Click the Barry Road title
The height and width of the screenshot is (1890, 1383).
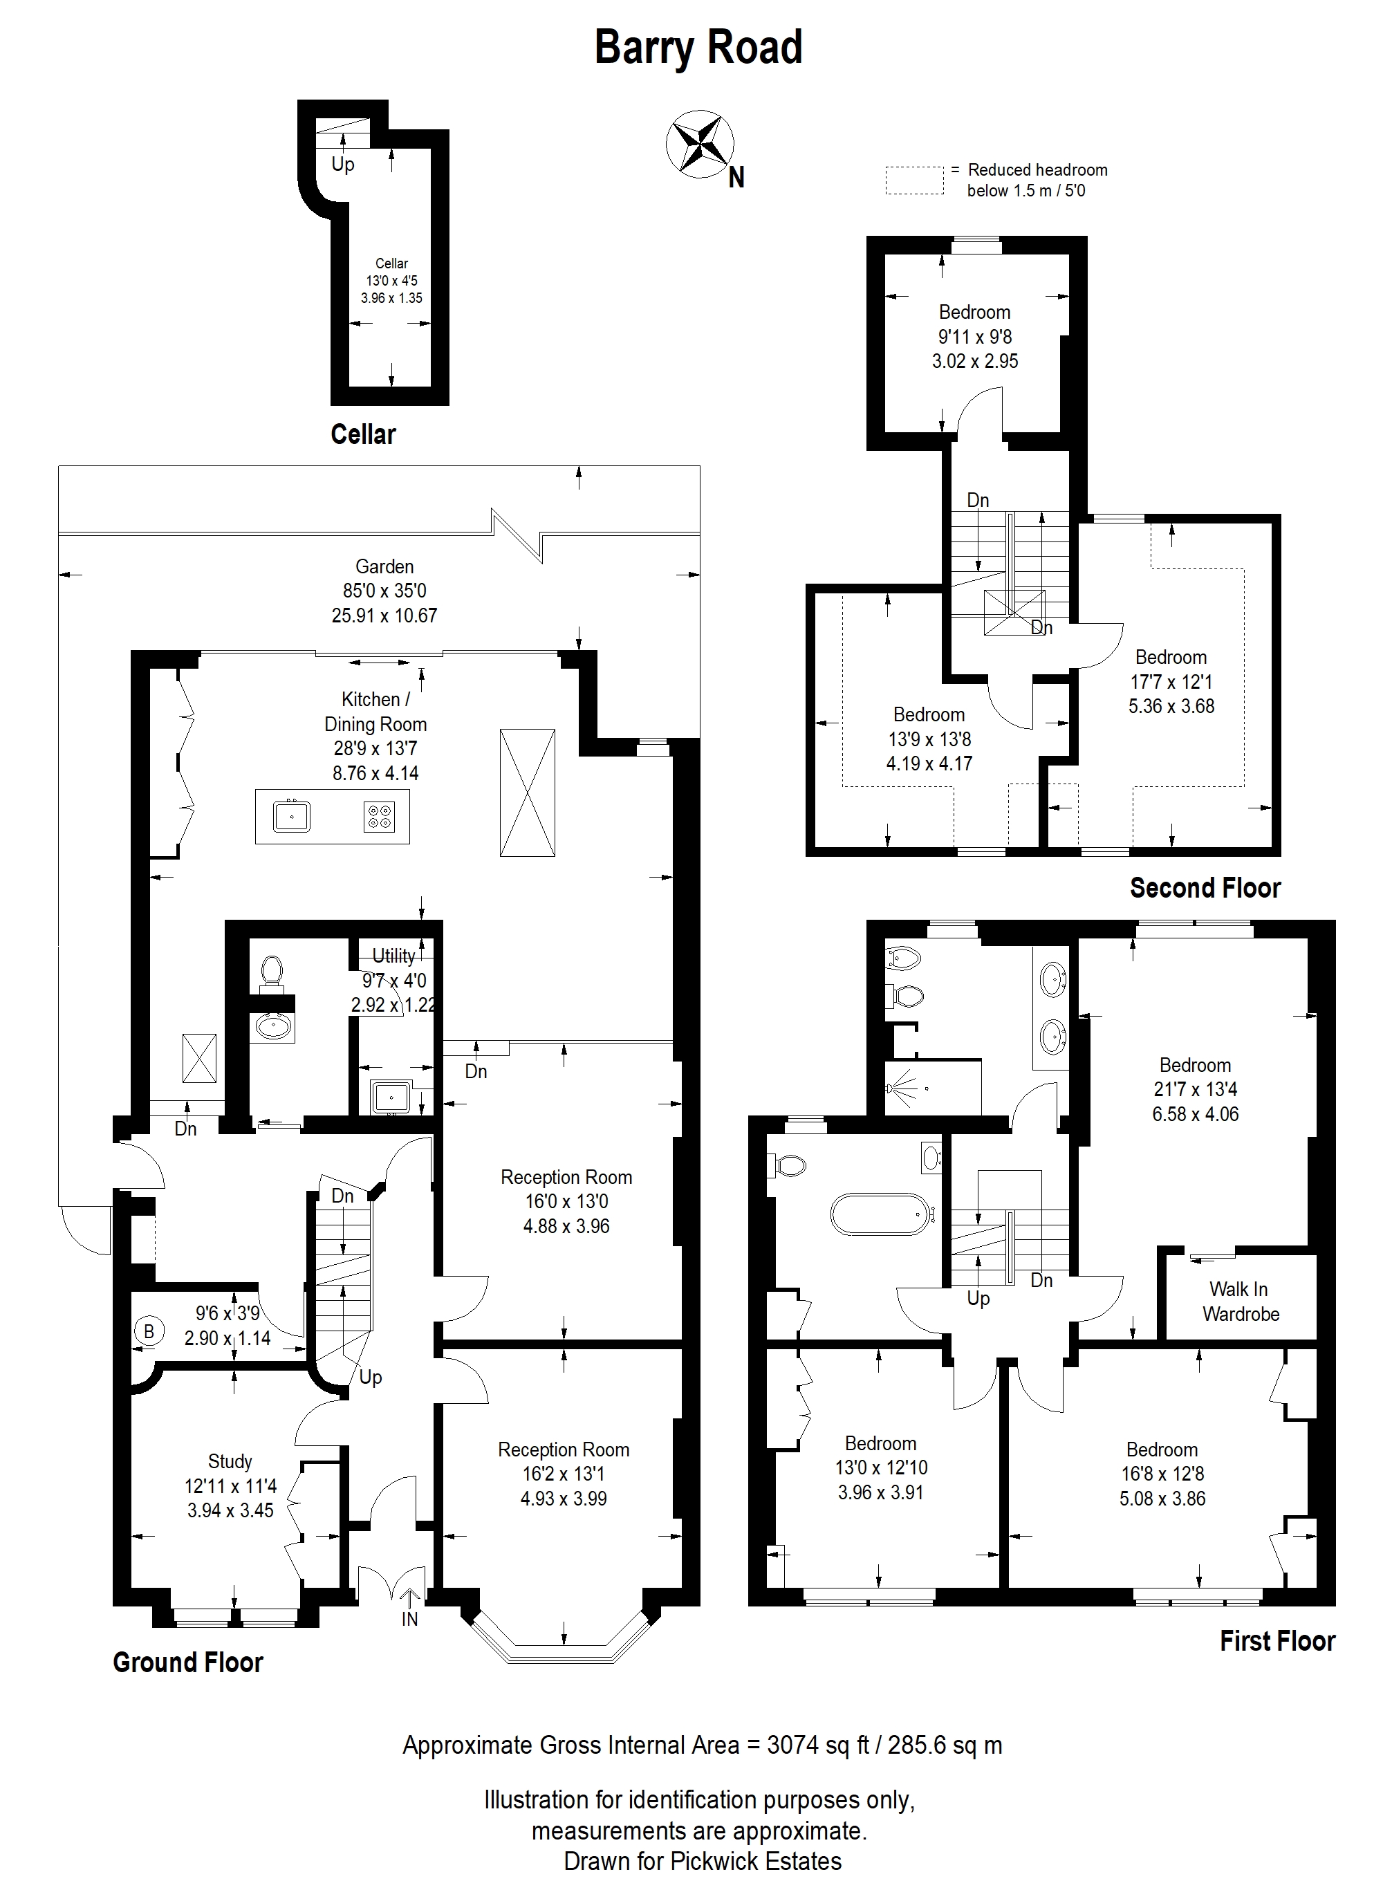coord(698,48)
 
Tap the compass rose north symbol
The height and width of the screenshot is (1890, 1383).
coord(700,144)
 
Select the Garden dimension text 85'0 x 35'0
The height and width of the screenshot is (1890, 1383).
coord(384,591)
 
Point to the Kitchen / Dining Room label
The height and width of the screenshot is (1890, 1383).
coord(375,712)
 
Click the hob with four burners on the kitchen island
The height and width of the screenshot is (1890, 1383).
coord(379,816)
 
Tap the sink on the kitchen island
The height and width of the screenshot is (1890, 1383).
coord(291,815)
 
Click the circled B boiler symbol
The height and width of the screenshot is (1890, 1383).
coord(149,1331)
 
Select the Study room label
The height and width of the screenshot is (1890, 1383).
coord(230,1461)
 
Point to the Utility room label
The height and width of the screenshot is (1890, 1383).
coord(393,956)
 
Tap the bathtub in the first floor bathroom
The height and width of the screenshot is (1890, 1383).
coord(880,1214)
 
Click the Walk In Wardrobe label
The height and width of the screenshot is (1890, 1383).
coord(1241,1301)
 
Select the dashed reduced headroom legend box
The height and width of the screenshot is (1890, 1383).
coord(915,180)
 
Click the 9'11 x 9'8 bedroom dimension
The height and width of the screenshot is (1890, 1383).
coord(975,337)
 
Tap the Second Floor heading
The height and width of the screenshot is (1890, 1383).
coord(1205,888)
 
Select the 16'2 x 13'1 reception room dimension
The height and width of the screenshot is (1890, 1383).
coord(564,1474)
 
